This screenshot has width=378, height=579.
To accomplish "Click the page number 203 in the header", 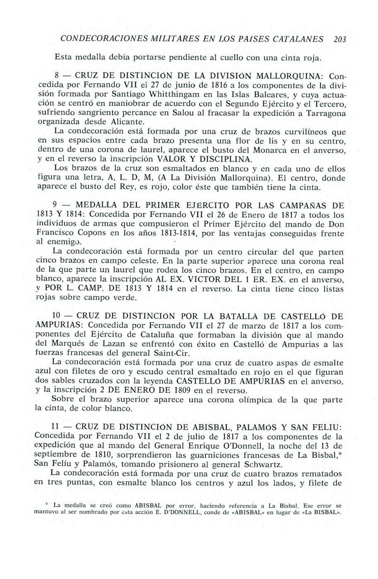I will click(339, 39).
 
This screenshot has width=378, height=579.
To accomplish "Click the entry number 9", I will click(55, 205).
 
